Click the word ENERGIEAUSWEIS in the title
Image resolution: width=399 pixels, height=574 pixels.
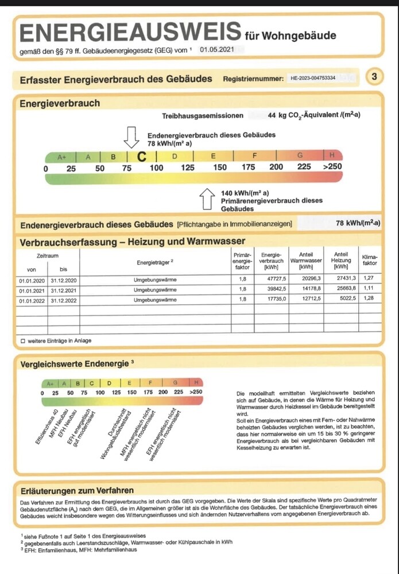(x=130, y=33)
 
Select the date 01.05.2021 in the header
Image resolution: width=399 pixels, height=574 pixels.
(x=214, y=51)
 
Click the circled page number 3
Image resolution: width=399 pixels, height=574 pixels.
(x=374, y=76)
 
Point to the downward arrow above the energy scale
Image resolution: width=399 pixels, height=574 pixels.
(x=131, y=137)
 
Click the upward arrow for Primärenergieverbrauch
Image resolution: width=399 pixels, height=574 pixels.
(x=207, y=200)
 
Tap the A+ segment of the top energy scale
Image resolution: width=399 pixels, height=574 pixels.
(x=62, y=156)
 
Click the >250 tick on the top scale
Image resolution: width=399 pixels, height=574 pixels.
(x=332, y=167)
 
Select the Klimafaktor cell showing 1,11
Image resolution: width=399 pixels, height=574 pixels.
(x=370, y=289)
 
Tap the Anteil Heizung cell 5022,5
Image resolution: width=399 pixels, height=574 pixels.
(x=341, y=299)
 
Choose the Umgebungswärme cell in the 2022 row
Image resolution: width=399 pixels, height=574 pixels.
(x=155, y=299)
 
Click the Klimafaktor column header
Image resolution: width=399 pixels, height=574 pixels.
(x=370, y=260)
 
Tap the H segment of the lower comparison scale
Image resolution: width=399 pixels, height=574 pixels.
(x=196, y=383)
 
